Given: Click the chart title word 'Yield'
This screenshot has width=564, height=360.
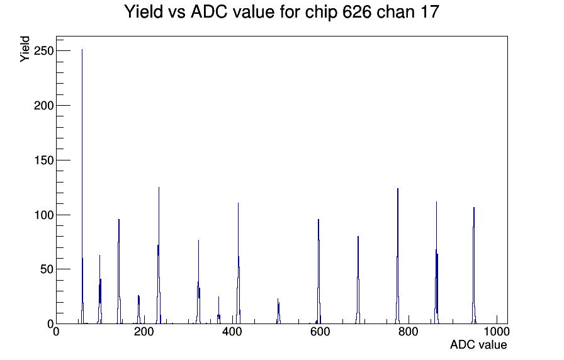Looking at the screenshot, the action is click(144, 11).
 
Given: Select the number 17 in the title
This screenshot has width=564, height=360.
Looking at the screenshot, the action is click(429, 11).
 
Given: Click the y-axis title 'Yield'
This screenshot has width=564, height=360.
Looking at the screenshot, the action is click(25, 49).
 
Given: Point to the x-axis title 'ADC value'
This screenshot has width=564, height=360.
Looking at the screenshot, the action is click(478, 344).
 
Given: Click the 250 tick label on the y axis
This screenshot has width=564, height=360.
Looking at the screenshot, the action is click(43, 51).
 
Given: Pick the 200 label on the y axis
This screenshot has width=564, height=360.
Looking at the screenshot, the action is click(43, 106).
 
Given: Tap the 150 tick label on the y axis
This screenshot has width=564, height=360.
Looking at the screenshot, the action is click(43, 160).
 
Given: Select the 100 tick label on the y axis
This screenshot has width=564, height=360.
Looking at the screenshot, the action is click(43, 215).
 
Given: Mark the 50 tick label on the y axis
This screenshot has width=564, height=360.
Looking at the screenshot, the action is click(47, 269).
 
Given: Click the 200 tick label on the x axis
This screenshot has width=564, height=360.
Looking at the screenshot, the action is click(144, 332).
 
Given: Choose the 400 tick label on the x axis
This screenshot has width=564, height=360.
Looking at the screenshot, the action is click(232, 332).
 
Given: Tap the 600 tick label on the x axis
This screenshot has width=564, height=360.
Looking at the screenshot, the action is click(320, 332).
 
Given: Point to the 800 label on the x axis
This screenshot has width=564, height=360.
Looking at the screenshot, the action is click(409, 332).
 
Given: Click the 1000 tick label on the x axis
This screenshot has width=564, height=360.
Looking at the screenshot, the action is click(497, 332).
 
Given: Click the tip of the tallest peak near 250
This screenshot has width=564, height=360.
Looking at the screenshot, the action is click(82, 50).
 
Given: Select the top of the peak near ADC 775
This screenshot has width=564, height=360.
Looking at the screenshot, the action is click(398, 188).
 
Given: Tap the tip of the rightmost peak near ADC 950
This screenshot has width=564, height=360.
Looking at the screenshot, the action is click(474, 208).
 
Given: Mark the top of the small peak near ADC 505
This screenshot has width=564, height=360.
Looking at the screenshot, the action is click(278, 299).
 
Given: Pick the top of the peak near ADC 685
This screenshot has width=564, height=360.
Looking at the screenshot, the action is click(358, 236).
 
